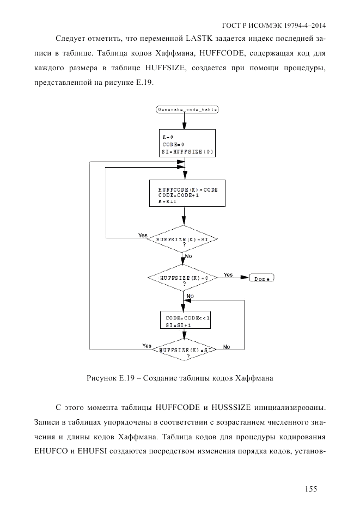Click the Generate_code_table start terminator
coord(187,109)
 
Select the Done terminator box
coord(261,279)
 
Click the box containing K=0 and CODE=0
coord(185,143)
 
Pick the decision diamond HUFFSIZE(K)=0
coord(184,278)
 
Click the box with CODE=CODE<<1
coord(184,321)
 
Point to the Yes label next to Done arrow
coord(229,275)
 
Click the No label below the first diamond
coord(188,256)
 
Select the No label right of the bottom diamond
coord(227,347)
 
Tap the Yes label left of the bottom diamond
coord(147,346)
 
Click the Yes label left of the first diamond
coord(143,236)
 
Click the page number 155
coord(311,489)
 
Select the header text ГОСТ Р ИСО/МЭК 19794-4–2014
coord(278,26)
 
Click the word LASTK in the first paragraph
coord(201,39)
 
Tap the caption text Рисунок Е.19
coord(112,378)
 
